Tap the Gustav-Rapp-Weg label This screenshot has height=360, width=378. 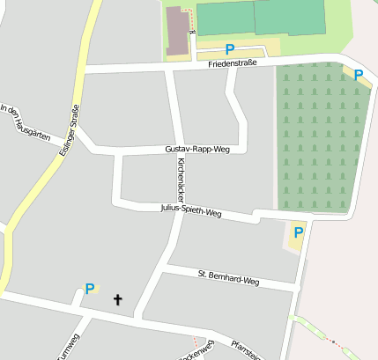tap(196, 150)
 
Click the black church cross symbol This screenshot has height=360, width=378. tap(118, 300)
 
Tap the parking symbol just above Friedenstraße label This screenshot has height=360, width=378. tap(230, 49)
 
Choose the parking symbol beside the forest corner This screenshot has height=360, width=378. tap(358, 76)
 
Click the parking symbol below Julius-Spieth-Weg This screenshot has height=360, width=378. tap(298, 232)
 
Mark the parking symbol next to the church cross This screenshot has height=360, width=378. tap(89, 288)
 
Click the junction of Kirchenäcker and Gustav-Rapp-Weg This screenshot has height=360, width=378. tap(177, 150)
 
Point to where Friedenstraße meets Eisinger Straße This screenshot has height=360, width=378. tap(87, 69)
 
